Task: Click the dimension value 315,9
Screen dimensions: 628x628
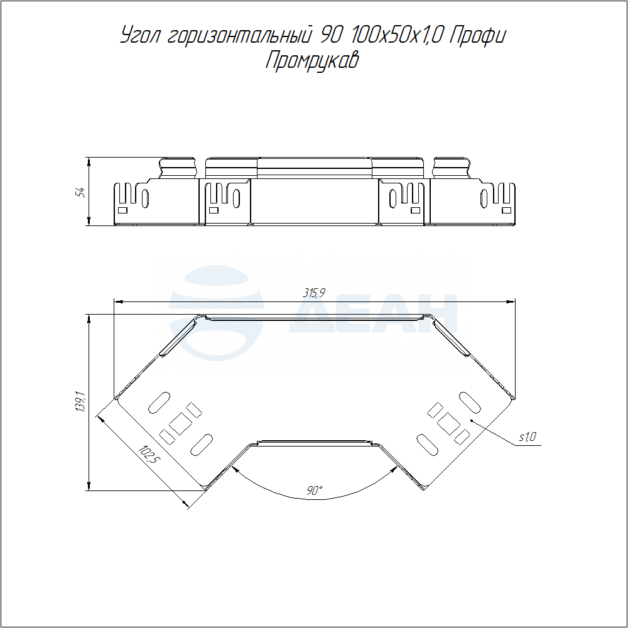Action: pos(313,293)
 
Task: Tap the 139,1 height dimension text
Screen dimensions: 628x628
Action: pos(80,402)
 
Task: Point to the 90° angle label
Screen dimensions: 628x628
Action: pos(315,490)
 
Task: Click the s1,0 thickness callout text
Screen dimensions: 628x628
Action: pos(528,437)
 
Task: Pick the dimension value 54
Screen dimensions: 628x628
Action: pos(81,192)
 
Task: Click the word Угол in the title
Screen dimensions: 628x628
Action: pos(140,36)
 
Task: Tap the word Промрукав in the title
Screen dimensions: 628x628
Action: pos(312,61)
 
